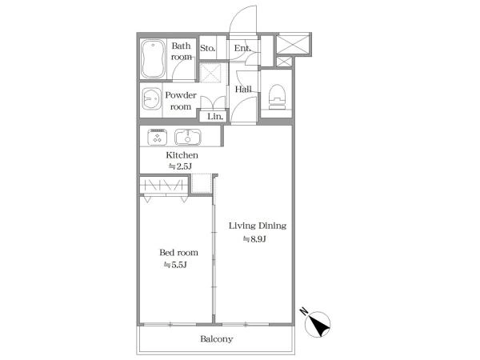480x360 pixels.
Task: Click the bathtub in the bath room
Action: point(153,59)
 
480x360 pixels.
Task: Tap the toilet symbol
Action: point(277,97)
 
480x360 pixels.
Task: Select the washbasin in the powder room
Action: point(151,99)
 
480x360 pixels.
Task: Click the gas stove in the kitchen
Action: point(158,137)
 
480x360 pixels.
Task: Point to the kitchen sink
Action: point(188,137)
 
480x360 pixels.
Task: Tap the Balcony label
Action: point(217,339)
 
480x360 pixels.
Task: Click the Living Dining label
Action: point(258,226)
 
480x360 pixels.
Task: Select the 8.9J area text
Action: point(254,239)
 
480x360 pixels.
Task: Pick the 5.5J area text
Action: point(175,265)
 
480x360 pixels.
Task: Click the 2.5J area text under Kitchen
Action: point(180,166)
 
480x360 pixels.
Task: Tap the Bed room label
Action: point(178,253)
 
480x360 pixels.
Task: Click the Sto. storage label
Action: point(207,48)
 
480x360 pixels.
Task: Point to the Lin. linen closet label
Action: point(215,116)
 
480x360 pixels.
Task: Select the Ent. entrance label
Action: point(242,48)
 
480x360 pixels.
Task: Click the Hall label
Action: point(243,89)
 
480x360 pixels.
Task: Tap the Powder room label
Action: point(181,101)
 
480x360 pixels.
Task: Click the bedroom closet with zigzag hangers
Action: point(164,186)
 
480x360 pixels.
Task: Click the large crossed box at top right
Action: point(293,44)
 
